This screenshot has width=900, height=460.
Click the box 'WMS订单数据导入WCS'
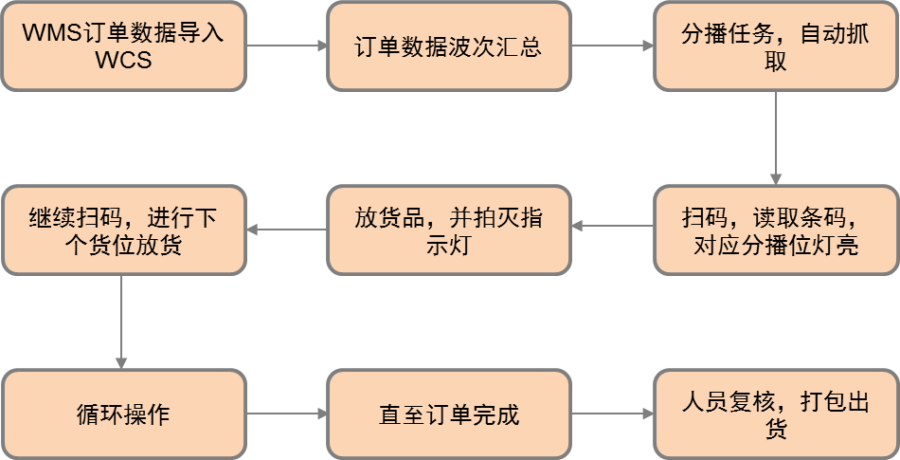pos(123,46)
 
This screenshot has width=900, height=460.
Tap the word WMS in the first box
pos(47,32)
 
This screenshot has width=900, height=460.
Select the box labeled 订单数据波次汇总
pos(449,46)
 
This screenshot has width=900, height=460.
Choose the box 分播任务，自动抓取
pos(775,46)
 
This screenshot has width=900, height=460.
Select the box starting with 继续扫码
pos(123,230)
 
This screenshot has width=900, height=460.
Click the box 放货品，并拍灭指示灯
pos(449,230)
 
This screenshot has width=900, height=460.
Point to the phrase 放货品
pos(389,217)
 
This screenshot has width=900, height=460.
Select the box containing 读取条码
pos(775,230)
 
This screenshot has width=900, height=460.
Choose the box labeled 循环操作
pos(123,414)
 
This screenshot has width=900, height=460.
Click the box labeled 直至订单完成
pos(449,414)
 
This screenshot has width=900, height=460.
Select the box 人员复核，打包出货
pos(775,414)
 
